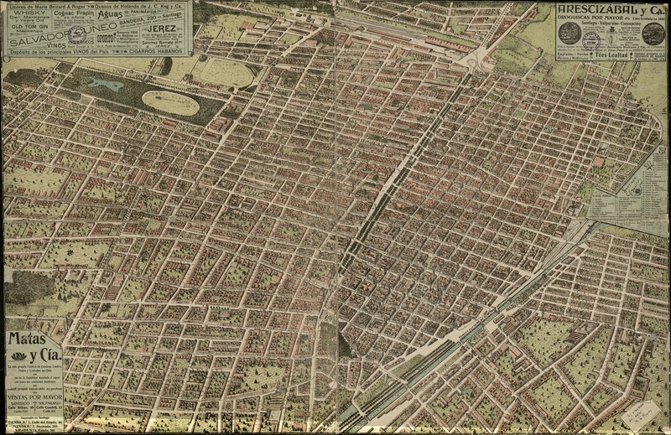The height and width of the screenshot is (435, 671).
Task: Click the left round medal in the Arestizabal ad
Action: pos(570,33)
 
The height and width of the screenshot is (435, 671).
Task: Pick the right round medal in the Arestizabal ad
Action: pos(652,34)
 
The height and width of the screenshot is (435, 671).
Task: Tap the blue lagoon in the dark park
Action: pos(104,85)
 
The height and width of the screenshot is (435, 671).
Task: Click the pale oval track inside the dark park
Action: pos(170,103)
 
